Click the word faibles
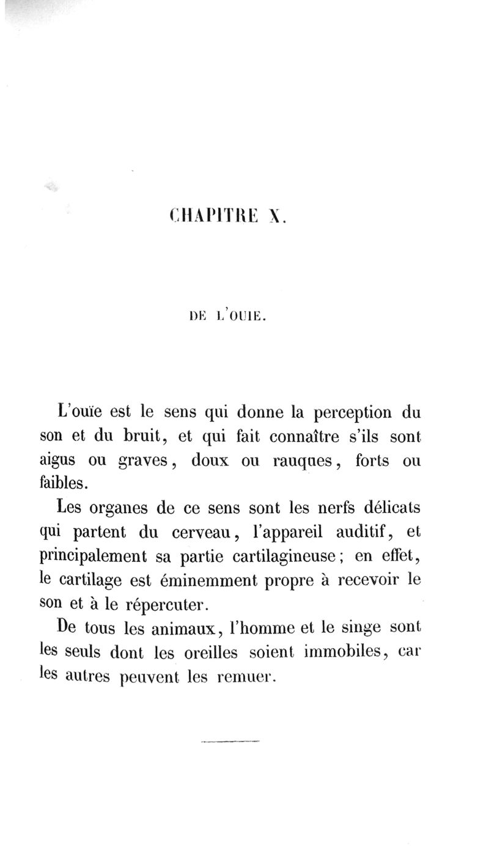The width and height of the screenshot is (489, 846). (x=67, y=484)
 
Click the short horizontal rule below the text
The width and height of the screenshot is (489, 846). (x=230, y=742)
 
